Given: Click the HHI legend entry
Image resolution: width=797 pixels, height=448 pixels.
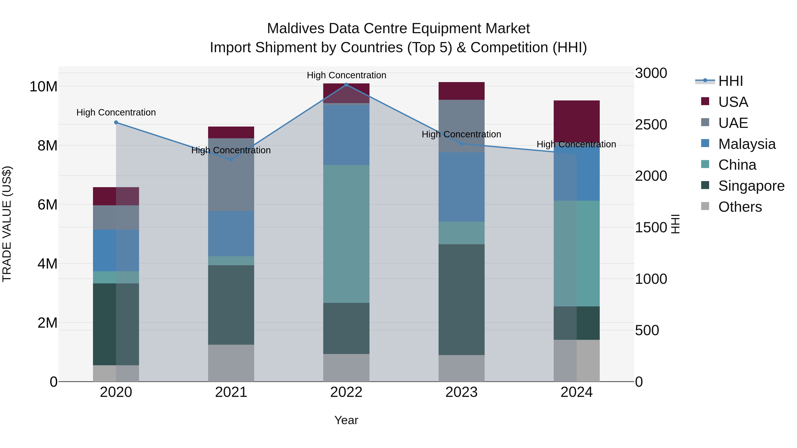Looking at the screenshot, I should (x=730, y=81).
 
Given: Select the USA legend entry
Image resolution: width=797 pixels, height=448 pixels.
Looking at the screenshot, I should (x=733, y=102).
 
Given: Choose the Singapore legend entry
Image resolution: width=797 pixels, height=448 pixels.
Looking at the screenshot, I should (x=751, y=186).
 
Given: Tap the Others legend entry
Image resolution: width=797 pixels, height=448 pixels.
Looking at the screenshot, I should (x=739, y=207).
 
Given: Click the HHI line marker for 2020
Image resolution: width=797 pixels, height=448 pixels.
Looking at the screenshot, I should (x=116, y=122).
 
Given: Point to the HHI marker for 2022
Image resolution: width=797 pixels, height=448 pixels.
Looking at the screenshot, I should (x=346, y=85).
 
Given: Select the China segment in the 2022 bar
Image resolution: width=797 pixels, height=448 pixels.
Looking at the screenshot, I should (x=346, y=234).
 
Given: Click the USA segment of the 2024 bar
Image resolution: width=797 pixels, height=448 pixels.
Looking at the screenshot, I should (x=576, y=121).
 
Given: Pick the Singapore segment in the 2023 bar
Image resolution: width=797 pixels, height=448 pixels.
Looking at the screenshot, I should (x=461, y=299).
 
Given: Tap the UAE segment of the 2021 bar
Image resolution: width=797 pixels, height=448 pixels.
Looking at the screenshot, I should (x=231, y=175).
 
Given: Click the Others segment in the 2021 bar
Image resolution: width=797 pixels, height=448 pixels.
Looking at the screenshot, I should (x=231, y=363).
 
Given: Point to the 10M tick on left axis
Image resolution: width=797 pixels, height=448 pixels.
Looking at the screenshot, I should (x=43, y=87).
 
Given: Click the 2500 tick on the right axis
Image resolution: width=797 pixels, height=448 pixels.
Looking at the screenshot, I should (x=651, y=125).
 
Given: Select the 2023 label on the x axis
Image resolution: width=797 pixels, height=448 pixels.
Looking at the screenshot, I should (x=461, y=392).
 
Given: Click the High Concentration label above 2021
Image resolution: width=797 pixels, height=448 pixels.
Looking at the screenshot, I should (x=231, y=150).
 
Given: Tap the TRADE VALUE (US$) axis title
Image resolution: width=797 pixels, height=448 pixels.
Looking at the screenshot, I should (x=7, y=224).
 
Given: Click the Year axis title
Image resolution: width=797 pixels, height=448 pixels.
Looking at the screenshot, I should (x=346, y=420).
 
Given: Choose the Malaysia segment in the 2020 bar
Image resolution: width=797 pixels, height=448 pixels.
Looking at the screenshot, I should (x=116, y=250).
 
